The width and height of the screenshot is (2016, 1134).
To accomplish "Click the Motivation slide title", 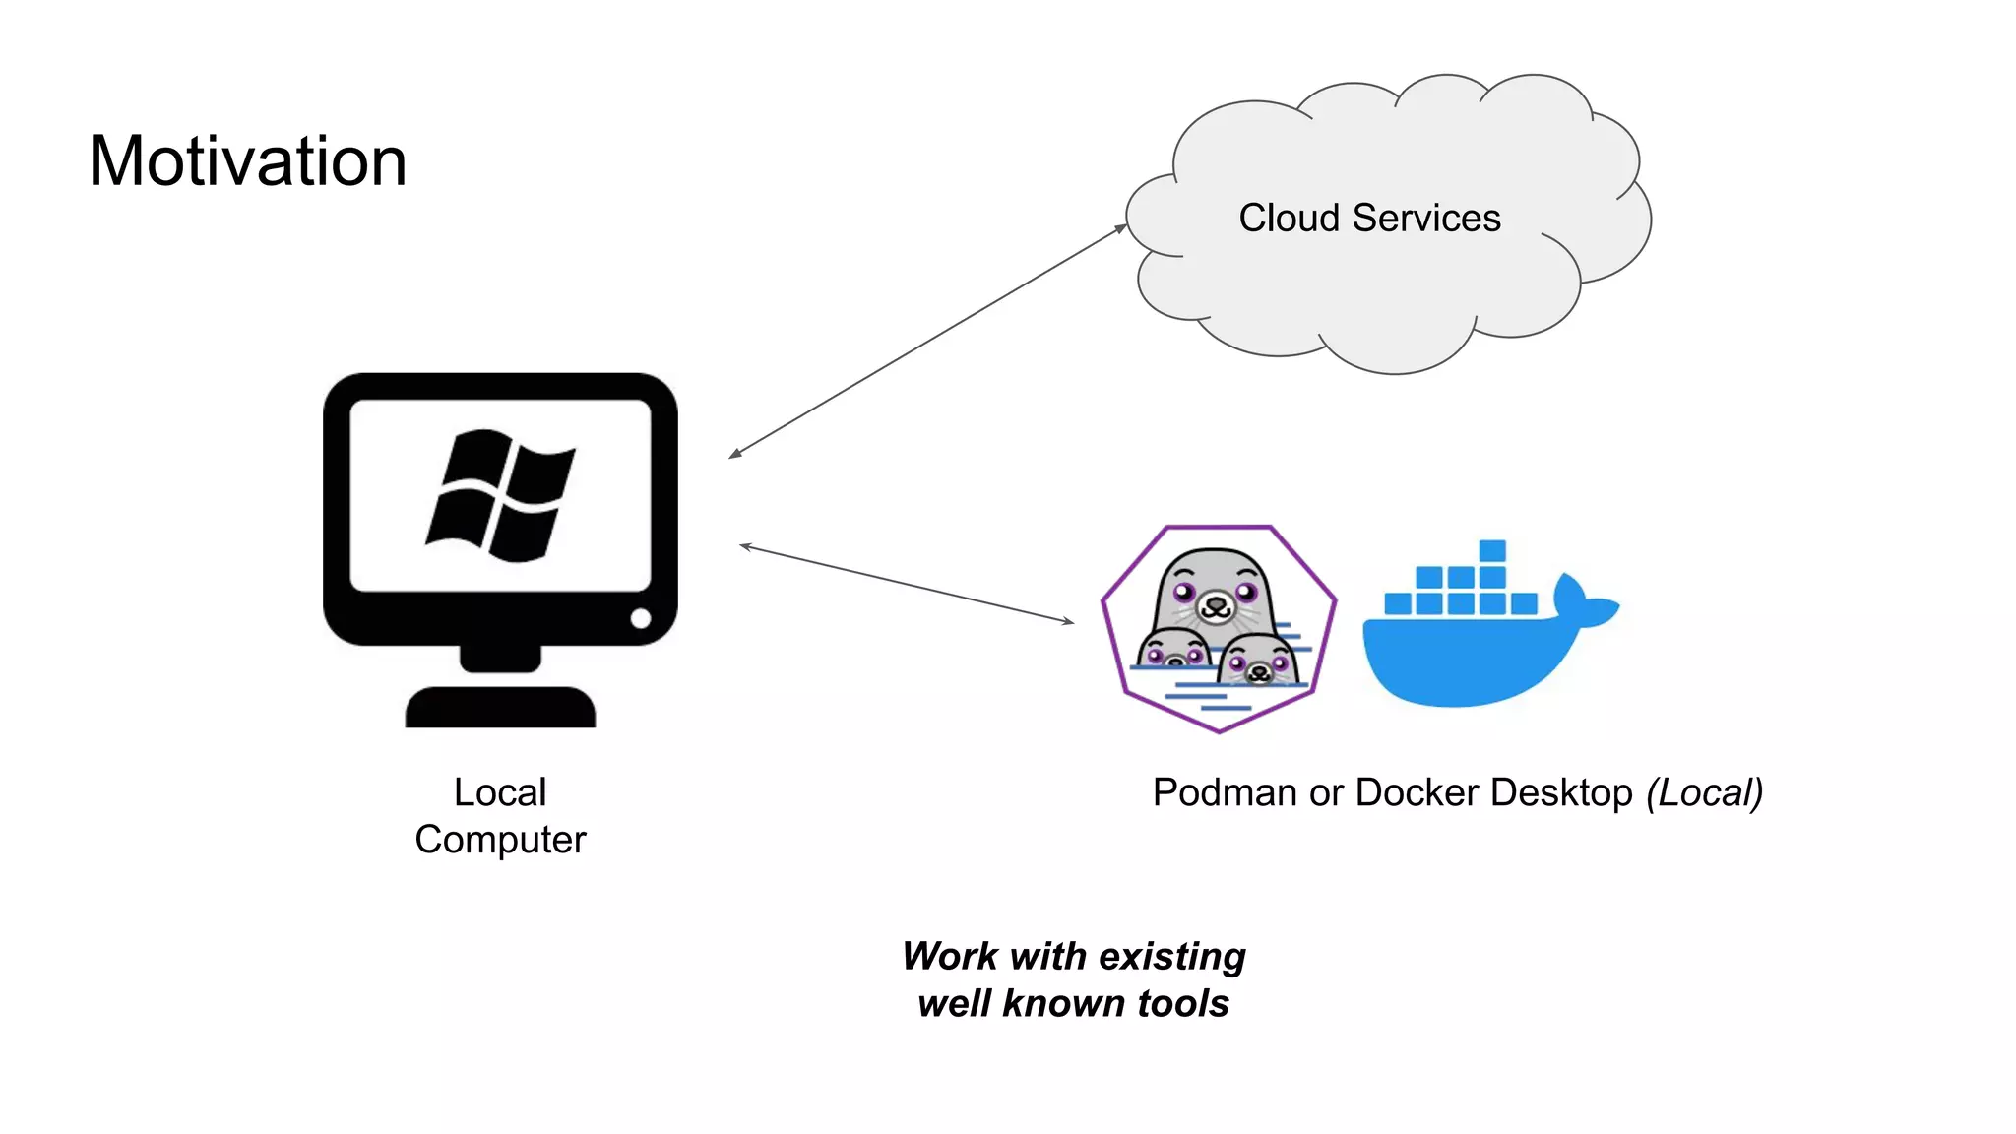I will tap(247, 161).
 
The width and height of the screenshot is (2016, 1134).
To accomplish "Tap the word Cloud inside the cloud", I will tap(1289, 218).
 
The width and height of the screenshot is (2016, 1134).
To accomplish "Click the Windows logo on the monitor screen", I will tap(500, 495).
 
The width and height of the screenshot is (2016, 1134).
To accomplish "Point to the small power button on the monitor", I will tap(641, 618).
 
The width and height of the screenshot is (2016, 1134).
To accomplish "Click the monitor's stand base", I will tap(500, 707).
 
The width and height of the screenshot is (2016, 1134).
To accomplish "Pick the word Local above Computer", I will tap(500, 792).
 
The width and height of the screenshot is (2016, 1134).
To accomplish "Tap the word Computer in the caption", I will tap(500, 840).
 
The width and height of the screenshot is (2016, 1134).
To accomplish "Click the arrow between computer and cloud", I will tap(927, 342).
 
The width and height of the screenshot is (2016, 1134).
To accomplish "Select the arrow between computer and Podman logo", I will tap(907, 584).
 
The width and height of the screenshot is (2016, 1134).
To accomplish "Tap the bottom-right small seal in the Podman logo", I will tap(1259, 661).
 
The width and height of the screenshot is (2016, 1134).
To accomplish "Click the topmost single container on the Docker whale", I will tap(1492, 550).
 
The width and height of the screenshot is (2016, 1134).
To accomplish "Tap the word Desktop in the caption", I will tap(1561, 792).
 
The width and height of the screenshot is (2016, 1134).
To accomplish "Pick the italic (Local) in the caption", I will tap(1705, 792).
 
